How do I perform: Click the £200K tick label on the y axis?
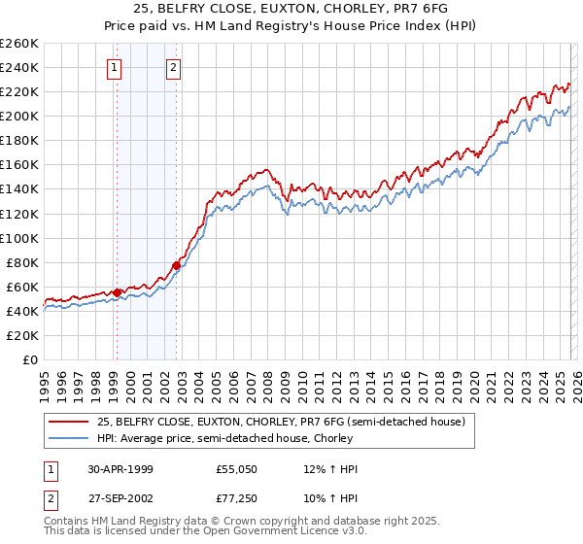(x=18, y=116)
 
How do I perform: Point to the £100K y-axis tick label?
(x=18, y=238)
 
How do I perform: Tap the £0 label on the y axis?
(x=29, y=359)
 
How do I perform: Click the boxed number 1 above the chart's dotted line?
(x=115, y=68)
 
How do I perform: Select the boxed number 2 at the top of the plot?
(x=173, y=68)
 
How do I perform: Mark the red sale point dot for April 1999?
(x=118, y=292)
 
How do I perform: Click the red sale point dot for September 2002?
(x=176, y=265)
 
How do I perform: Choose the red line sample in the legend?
(x=69, y=422)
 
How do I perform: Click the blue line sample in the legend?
(x=69, y=437)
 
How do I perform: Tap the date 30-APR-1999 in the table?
(x=120, y=469)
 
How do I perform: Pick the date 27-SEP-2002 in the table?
(x=120, y=498)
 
